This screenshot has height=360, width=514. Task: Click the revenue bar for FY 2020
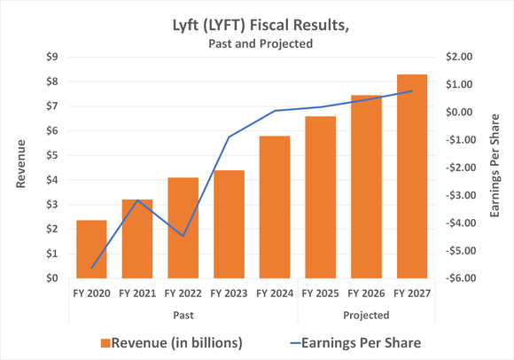[91, 249]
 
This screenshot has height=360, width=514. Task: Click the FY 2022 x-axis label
[183, 292]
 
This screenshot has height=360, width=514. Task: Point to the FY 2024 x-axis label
[275, 292]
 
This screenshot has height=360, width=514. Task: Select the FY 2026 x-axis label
[366, 292]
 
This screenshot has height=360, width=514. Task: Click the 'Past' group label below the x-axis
[183, 314]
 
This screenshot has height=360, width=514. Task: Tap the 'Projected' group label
[366, 314]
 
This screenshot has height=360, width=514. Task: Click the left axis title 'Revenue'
[20, 167]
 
